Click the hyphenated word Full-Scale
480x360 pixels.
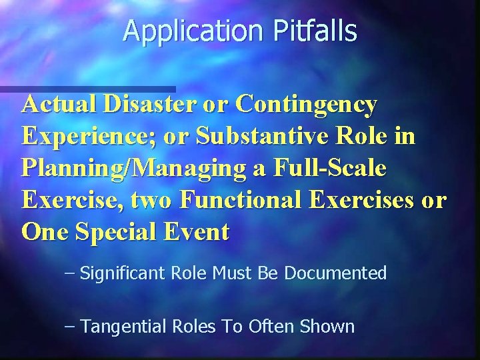click(331, 168)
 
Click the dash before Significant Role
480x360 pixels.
click(71, 273)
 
